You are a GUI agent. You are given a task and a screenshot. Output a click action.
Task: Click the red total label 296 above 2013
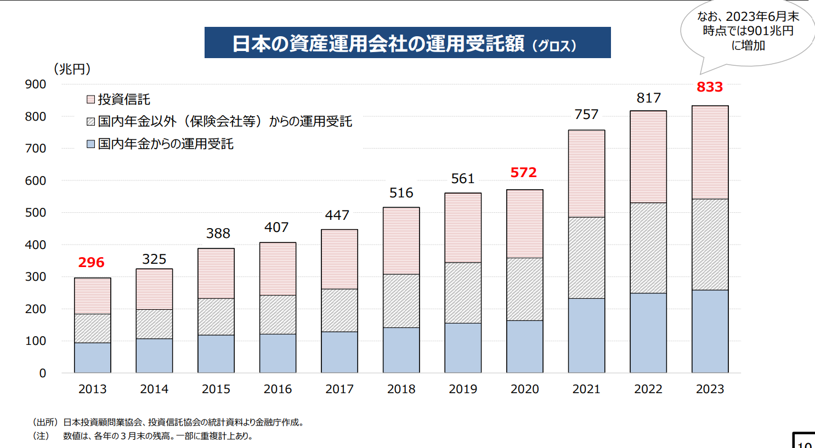click(91, 263)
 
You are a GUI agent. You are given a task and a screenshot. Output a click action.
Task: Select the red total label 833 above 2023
click(710, 87)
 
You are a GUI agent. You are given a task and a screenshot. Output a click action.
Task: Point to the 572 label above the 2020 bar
click(524, 173)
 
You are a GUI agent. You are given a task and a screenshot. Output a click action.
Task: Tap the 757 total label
click(586, 115)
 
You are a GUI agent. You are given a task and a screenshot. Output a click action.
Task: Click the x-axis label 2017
click(339, 389)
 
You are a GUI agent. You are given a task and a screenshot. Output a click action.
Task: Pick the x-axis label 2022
click(648, 389)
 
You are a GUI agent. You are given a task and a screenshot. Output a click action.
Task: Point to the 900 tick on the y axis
click(36, 84)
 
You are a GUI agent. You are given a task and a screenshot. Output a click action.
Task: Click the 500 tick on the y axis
click(36, 213)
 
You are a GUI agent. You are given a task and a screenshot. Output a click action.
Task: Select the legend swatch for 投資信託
click(91, 99)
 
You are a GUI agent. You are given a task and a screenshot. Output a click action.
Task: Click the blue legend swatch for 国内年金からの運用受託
click(91, 144)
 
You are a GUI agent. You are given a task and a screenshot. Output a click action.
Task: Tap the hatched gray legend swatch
click(91, 122)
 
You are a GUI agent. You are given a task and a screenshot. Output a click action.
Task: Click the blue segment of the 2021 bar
click(586, 336)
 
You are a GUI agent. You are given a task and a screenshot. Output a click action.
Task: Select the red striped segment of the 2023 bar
click(710, 152)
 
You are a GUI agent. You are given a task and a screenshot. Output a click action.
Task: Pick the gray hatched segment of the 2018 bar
click(401, 301)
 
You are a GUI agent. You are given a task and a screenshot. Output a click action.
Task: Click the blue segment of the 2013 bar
click(93, 358)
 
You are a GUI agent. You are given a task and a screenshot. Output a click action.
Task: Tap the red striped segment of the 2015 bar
click(216, 274)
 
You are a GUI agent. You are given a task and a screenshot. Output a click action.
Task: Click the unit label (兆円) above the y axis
click(72, 69)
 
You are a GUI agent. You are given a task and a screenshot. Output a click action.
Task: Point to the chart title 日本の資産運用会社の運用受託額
click(378, 43)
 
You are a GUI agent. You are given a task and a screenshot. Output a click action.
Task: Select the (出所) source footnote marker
click(45, 422)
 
